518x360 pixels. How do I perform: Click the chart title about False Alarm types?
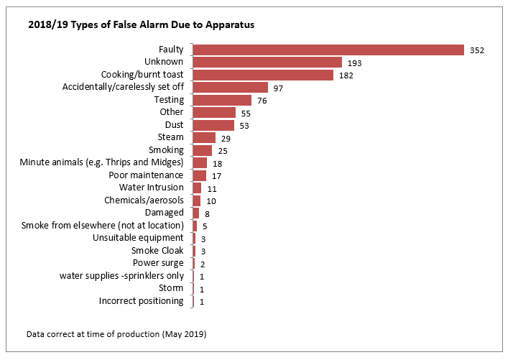tap(141, 24)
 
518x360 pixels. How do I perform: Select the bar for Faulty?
tap(328, 50)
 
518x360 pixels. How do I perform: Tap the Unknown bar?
tap(267, 63)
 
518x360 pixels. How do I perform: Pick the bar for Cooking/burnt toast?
tap(263, 75)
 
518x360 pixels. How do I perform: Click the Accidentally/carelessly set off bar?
tap(230, 88)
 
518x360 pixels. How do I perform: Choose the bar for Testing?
tap(222, 100)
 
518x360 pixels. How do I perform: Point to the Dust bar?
tap(213, 125)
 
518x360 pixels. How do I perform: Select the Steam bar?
tap(204, 137)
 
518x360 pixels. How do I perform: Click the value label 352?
tap(477, 50)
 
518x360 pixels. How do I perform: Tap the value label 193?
tap(354, 63)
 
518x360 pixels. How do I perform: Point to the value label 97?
tap(279, 88)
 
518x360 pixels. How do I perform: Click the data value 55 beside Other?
tap(246, 114)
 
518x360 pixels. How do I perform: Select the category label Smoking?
tap(166, 150)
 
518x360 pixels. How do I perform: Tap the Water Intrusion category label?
tap(151, 188)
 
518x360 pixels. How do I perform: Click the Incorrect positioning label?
tap(141, 301)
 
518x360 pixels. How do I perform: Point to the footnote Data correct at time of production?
tap(116, 334)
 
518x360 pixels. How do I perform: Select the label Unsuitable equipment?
tap(138, 238)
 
